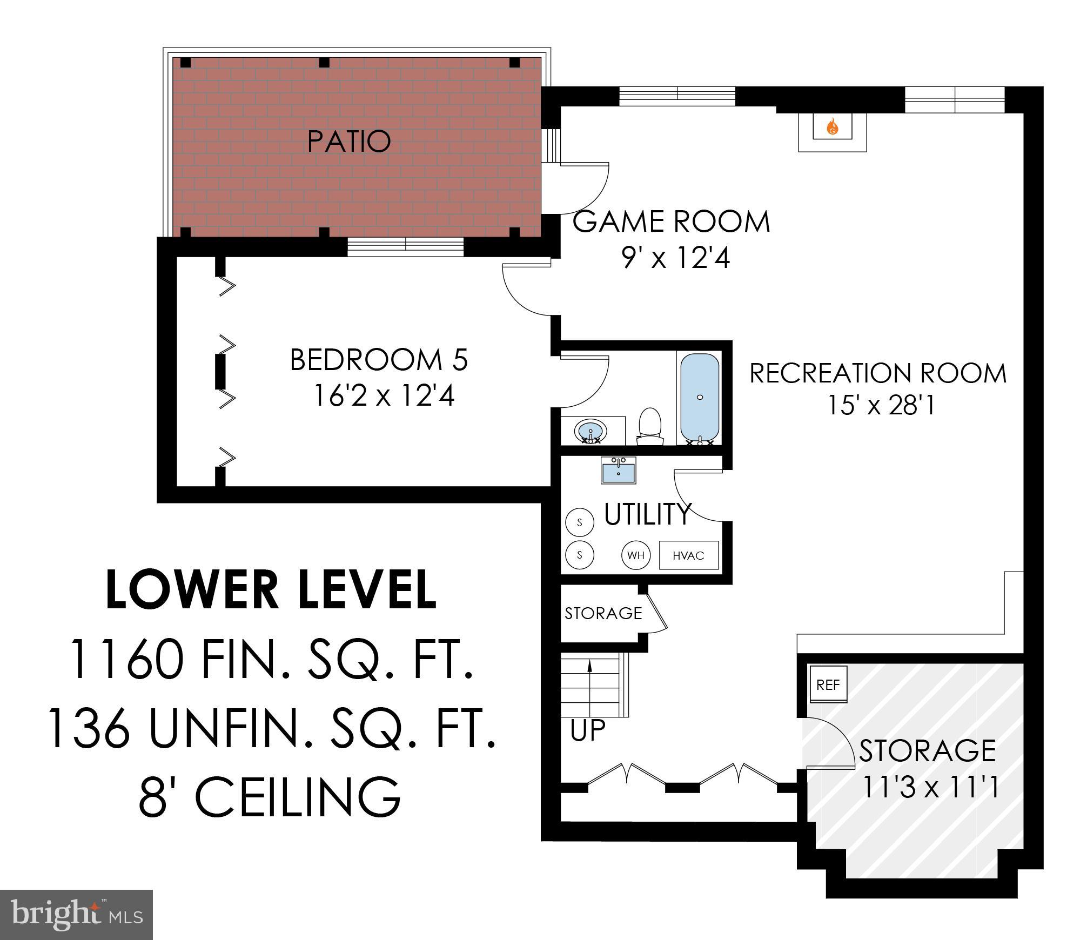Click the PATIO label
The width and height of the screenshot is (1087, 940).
tap(348, 142)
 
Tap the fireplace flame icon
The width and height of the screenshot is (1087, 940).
tap(832, 127)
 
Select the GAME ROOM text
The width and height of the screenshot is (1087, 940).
tap(671, 222)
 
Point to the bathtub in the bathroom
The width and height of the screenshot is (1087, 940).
tap(700, 398)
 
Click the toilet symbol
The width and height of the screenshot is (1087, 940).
tap(650, 424)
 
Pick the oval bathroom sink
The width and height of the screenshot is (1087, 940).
tap(591, 431)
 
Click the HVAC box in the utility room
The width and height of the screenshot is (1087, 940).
tap(688, 555)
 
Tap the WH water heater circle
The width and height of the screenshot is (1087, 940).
tap(636, 555)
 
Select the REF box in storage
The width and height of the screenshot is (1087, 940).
tap(828, 685)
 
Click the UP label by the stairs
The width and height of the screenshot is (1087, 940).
tap(588, 730)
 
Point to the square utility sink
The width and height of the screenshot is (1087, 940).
tap(619, 471)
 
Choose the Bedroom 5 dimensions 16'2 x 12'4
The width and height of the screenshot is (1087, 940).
tap(384, 396)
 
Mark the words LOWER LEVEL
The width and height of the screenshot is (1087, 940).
tap(271, 590)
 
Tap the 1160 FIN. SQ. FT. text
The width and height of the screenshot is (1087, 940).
tap(272, 660)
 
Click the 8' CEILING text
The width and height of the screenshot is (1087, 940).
tap(270, 797)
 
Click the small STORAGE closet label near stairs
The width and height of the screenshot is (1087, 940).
tap(603, 613)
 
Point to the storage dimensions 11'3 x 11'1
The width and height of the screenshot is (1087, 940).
tap(928, 787)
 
